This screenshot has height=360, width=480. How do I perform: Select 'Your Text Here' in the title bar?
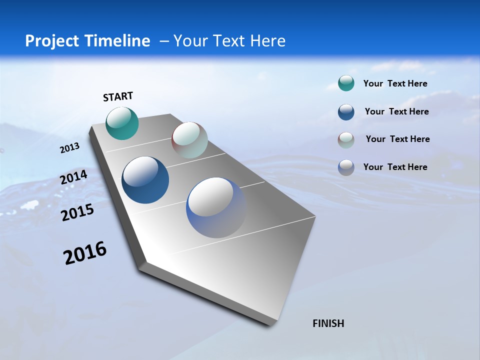click(229, 41)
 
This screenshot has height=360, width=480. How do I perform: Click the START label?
click(118, 96)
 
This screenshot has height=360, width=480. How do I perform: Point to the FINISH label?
click(328, 323)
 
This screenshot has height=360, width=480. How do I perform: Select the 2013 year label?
click(69, 148)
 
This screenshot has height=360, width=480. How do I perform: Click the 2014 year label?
click(74, 177)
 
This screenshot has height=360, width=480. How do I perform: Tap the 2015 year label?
click(77, 212)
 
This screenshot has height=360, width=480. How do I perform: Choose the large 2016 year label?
click(85, 253)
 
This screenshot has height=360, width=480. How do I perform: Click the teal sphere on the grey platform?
click(122, 123)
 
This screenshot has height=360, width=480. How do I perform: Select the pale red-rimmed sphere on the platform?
click(189, 140)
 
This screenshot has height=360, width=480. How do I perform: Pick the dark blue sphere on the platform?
click(145, 180)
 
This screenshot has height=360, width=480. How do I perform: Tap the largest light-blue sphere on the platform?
click(216, 207)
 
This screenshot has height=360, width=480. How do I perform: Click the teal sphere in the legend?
click(346, 83)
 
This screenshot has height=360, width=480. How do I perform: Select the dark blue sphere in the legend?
click(346, 112)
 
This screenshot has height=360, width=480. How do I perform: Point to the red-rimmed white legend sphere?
click(346, 140)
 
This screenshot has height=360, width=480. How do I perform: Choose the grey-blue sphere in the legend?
click(346, 167)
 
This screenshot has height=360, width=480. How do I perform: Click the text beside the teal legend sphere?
click(395, 83)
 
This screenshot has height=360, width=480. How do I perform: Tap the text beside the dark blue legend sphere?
click(396, 111)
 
